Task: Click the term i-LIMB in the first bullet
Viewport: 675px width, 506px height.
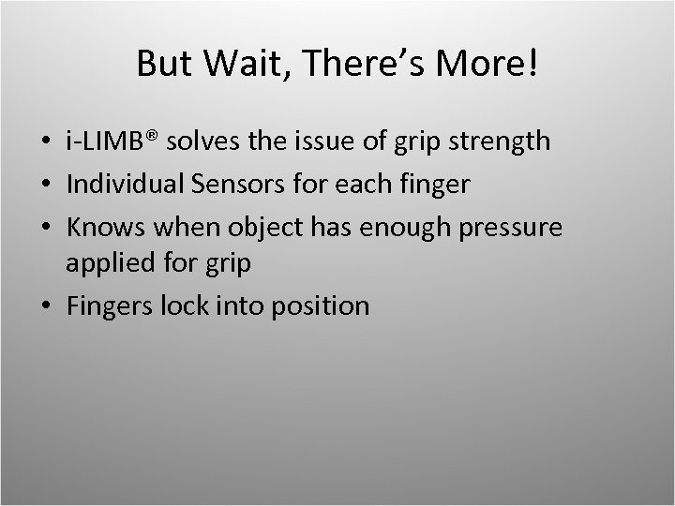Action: pos(108,142)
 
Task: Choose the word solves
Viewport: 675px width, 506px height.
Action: pos(210,142)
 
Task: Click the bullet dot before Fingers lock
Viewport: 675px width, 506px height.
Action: pos(47,306)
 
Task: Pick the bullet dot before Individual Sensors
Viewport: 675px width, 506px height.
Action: pos(47,185)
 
